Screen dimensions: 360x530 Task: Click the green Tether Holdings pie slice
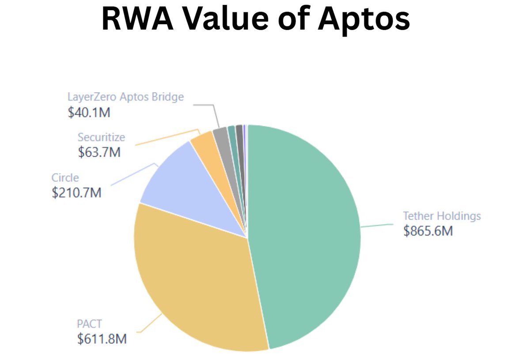(x=305, y=234)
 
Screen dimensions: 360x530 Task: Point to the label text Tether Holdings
(x=442, y=216)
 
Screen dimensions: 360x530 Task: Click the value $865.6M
(x=428, y=231)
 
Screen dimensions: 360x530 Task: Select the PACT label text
(x=90, y=324)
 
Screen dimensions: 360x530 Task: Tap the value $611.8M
(x=102, y=339)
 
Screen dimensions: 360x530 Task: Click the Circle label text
(x=65, y=178)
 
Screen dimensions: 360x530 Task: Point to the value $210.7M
(x=76, y=193)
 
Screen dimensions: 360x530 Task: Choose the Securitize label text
(x=101, y=137)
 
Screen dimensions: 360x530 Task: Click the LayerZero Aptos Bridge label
(x=125, y=97)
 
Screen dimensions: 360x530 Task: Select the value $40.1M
(x=89, y=112)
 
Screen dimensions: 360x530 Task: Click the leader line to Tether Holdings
(x=376, y=225)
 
